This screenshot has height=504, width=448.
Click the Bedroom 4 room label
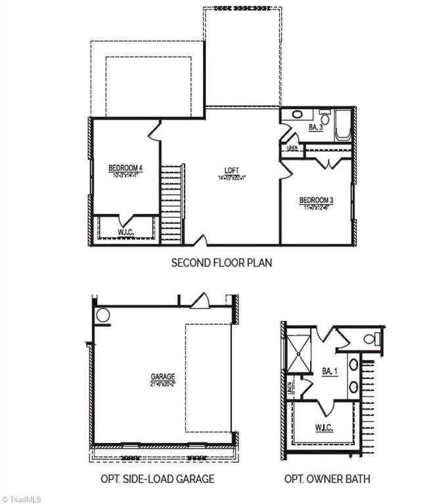tap(125, 169)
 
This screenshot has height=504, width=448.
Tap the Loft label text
tap(231, 171)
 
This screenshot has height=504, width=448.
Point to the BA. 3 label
tap(315, 127)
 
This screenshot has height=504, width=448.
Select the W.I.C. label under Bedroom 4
tap(126, 232)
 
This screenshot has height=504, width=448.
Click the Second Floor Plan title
tap(221, 263)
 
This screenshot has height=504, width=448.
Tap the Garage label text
tap(162, 376)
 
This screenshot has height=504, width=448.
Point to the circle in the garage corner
tap(103, 315)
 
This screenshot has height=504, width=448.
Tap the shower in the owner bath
tap(297, 355)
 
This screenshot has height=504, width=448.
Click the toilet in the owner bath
tap(369, 339)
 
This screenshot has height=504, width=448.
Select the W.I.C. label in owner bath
tap(324, 428)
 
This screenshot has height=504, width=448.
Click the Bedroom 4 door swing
tap(154, 129)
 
